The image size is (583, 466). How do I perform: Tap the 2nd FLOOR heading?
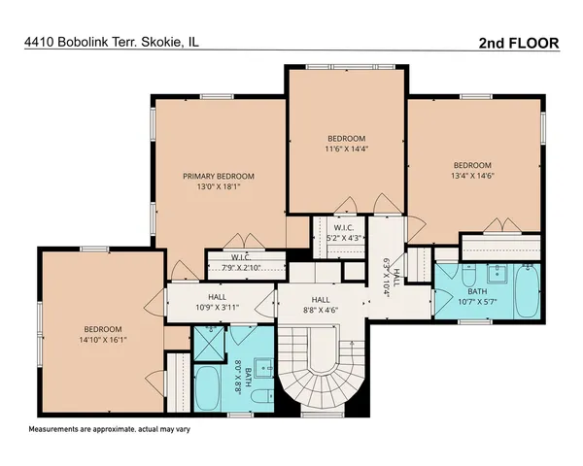point(520,43)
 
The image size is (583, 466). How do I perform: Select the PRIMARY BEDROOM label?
point(219,177)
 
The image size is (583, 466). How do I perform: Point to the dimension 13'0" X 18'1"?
point(219,188)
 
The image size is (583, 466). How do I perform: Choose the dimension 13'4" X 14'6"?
point(472,177)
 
